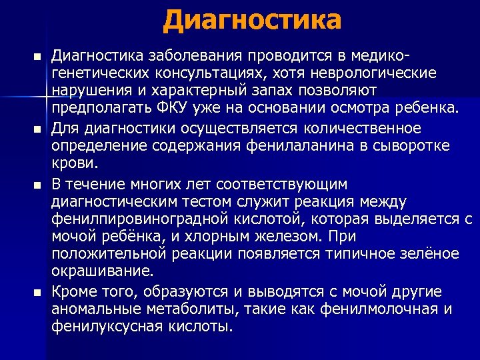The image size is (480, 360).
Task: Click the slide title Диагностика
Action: (251, 20)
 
